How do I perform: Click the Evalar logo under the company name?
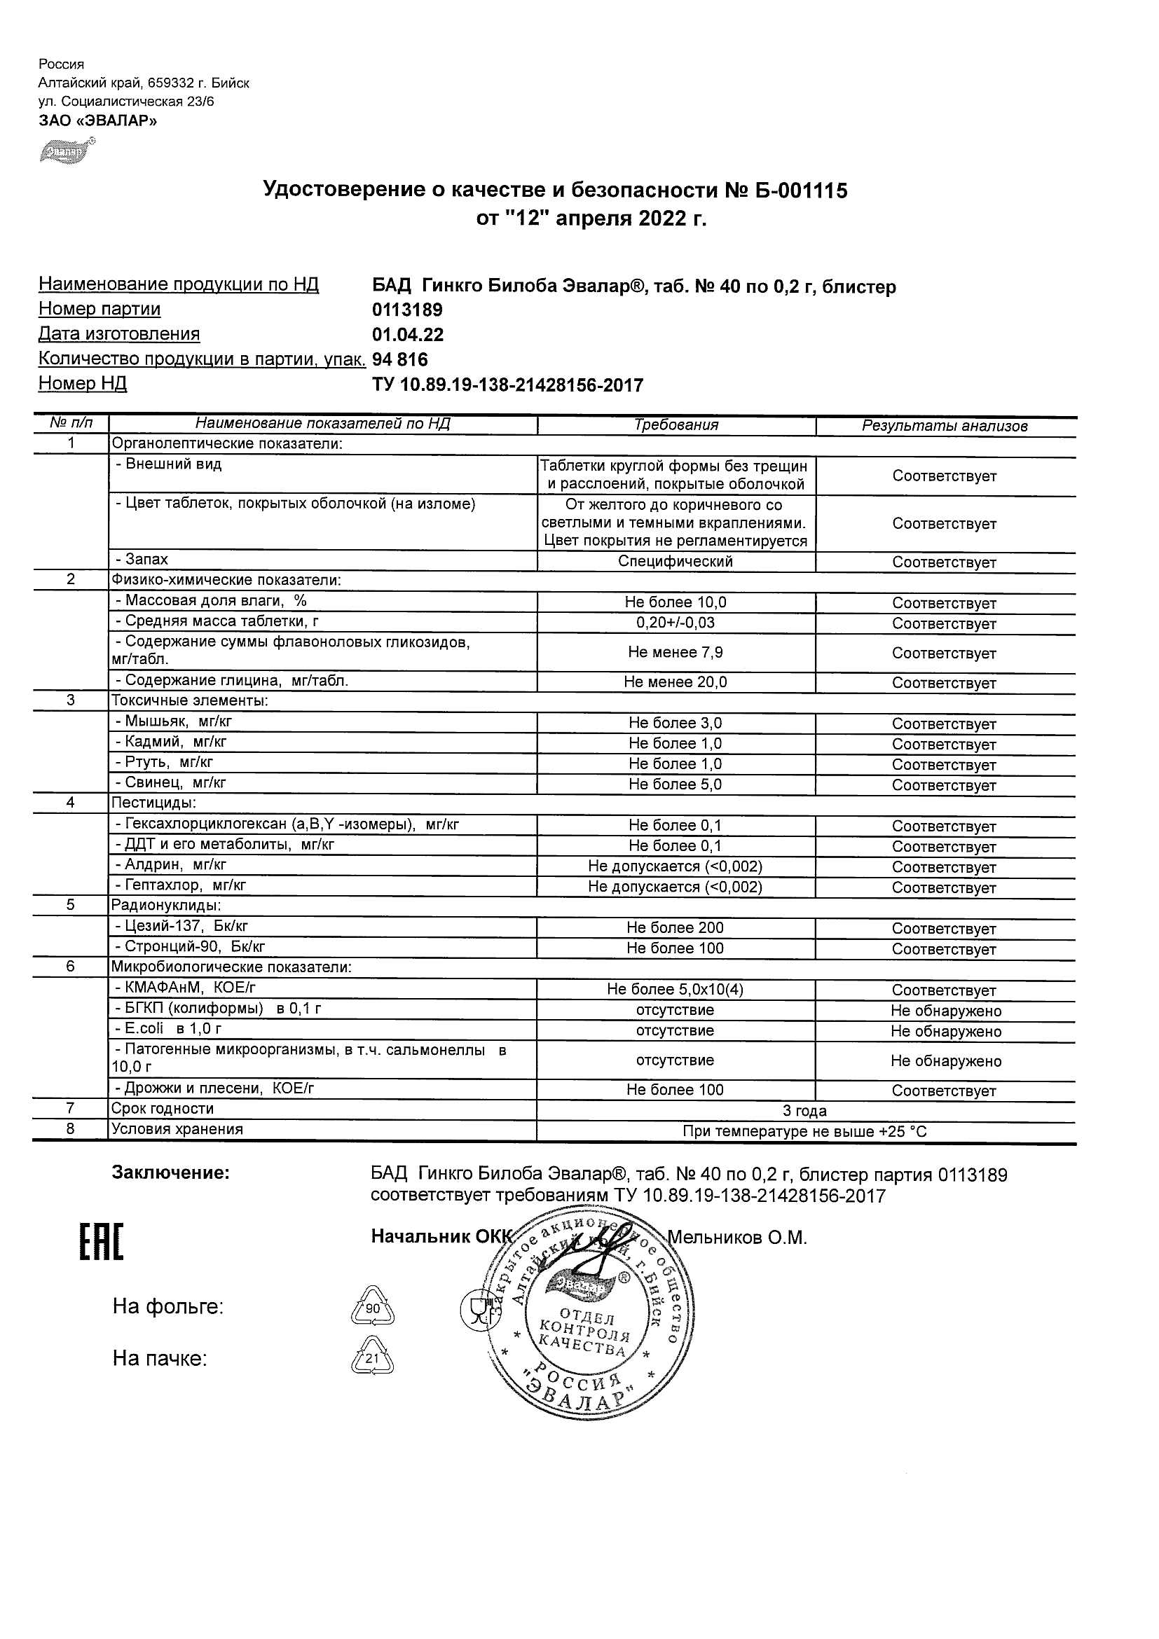pyautogui.click(x=67, y=151)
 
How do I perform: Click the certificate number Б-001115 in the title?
pyautogui.click(x=797, y=191)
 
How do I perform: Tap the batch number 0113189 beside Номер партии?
pyautogui.click(x=407, y=310)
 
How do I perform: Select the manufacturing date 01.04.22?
pyautogui.click(x=408, y=335)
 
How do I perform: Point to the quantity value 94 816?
pyautogui.click(x=400, y=360)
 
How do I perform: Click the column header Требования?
pyautogui.click(x=675, y=425)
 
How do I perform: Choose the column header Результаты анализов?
pyautogui.click(x=944, y=426)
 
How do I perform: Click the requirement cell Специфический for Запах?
pyautogui.click(x=675, y=561)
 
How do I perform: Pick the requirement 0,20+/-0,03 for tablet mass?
pyautogui.click(x=675, y=623)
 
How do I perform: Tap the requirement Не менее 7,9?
pyautogui.click(x=675, y=651)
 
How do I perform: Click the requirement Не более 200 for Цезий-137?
pyautogui.click(x=675, y=927)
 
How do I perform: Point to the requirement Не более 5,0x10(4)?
pyautogui.click(x=675, y=990)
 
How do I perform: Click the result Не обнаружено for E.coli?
pyautogui.click(x=945, y=1032)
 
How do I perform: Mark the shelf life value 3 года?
pyautogui.click(x=805, y=1111)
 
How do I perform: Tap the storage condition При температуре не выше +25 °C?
pyautogui.click(x=805, y=1131)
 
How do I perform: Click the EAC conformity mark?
pyautogui.click(x=101, y=1243)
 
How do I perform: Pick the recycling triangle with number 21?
pyautogui.click(x=372, y=1358)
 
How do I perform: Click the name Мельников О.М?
pyautogui.click(x=737, y=1238)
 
